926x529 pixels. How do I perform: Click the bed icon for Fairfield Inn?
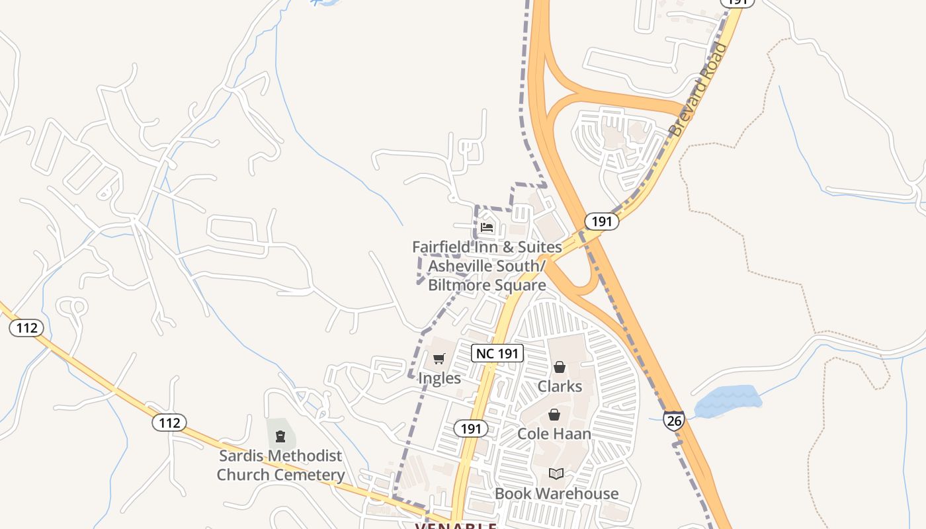click(x=487, y=227)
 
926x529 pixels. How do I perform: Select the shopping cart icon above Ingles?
click(x=439, y=359)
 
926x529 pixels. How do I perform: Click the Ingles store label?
click(x=439, y=378)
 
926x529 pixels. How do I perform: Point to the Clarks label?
click(x=560, y=386)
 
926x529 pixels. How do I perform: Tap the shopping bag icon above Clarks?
click(x=560, y=367)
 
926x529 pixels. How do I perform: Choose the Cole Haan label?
click(x=554, y=434)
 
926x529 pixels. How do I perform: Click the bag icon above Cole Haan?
click(x=554, y=415)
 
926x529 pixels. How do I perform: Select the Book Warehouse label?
click(x=556, y=493)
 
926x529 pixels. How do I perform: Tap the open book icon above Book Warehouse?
click(x=556, y=474)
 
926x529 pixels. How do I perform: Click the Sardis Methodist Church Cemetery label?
click(x=281, y=465)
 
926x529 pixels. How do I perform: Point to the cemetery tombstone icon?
click(x=280, y=436)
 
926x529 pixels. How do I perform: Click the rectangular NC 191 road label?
click(x=498, y=353)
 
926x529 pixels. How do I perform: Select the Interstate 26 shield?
click(x=673, y=420)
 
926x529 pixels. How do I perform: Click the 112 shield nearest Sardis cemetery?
click(x=169, y=423)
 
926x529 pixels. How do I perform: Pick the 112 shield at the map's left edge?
click(x=26, y=327)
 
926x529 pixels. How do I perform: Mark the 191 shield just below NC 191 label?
click(x=470, y=428)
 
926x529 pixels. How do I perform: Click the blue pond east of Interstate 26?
click(x=728, y=401)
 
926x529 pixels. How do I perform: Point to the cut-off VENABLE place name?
click(x=456, y=525)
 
